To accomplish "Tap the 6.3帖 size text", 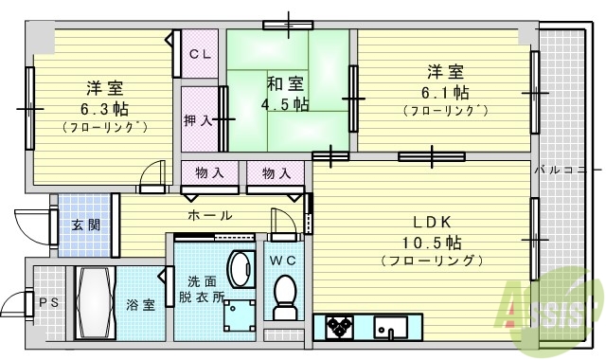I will pyautogui.click(x=104, y=107).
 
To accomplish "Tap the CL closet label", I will pyautogui.click(x=199, y=54).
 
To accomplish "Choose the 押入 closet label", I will pyautogui.click(x=197, y=121).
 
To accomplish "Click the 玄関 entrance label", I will pyautogui.click(x=83, y=225).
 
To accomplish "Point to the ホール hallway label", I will pyautogui.click(x=209, y=216).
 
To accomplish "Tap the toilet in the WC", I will pyautogui.click(x=284, y=298).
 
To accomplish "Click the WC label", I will pyautogui.click(x=284, y=261).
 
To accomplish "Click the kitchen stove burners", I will pyautogui.click(x=338, y=327).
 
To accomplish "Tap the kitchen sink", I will pyautogui.click(x=390, y=327).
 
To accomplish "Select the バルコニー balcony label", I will pyautogui.click(x=560, y=171).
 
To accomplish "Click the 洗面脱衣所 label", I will pyautogui.click(x=205, y=288).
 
